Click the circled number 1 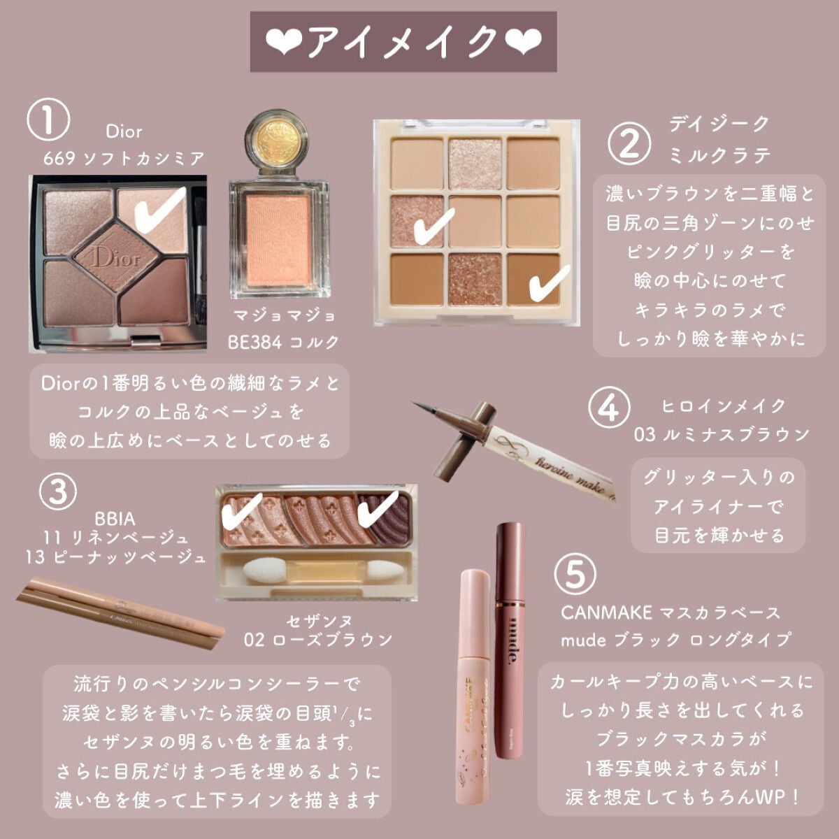[x=48, y=120]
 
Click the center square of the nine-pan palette [x=475, y=222]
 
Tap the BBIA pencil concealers [x=119, y=612]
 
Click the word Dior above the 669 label [x=124, y=131]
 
